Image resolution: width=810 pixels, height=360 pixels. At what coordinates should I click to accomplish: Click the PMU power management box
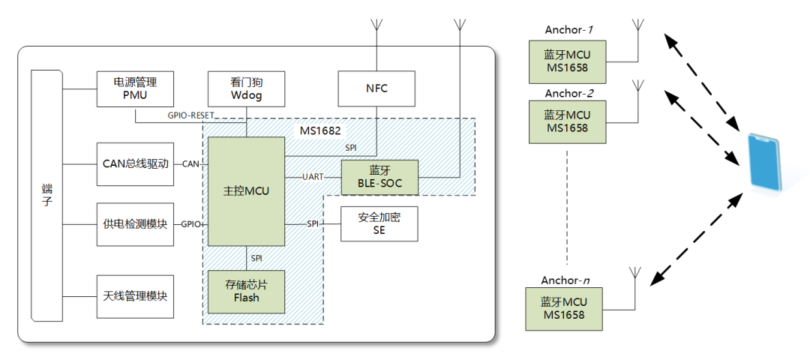click(135, 88)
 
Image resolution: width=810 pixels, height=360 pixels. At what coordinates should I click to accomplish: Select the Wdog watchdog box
click(246, 88)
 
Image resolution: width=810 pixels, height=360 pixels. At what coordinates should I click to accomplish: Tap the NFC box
click(377, 88)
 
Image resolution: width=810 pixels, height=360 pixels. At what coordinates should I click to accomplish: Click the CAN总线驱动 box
click(135, 164)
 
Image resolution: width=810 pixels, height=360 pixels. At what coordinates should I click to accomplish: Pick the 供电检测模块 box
click(135, 225)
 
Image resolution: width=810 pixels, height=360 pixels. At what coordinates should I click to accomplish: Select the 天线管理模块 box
click(135, 296)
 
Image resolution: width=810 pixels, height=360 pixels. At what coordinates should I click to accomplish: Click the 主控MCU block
click(247, 191)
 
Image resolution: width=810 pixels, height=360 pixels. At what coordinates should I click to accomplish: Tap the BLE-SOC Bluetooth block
click(379, 177)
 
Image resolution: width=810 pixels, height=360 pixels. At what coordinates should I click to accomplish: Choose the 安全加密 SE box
click(379, 223)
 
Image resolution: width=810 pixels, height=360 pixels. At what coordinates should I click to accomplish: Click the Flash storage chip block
click(247, 292)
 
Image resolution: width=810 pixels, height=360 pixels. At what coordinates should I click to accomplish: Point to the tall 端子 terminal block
click(47, 196)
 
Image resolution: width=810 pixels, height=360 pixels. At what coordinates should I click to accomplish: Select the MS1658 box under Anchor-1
click(567, 62)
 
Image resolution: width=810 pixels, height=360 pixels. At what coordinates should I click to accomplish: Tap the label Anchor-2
click(568, 94)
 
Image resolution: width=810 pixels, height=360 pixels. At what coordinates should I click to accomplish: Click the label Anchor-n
click(565, 280)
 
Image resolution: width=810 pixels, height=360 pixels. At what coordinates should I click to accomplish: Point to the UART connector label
click(313, 177)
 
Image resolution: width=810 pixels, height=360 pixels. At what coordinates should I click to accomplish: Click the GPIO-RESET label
click(190, 115)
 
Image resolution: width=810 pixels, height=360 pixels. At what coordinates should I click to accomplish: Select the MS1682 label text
click(320, 130)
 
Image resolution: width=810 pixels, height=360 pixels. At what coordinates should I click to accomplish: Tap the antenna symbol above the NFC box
click(376, 25)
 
